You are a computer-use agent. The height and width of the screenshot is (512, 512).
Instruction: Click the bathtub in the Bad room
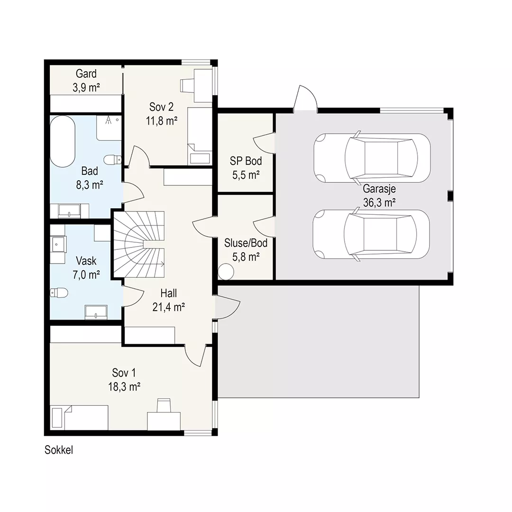click(x=63, y=141)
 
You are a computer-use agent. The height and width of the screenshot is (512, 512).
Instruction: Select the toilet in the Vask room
click(x=59, y=293)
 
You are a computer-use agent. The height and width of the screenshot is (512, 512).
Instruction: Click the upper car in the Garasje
click(x=372, y=158)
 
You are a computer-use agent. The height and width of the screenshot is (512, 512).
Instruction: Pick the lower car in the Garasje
click(x=371, y=234)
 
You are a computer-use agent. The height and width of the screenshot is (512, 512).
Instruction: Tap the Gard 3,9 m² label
click(x=86, y=80)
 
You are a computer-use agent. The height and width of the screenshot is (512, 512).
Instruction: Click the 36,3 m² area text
click(x=379, y=203)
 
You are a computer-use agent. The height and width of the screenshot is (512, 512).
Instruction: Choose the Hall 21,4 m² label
click(x=169, y=300)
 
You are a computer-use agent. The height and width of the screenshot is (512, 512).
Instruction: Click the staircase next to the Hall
click(x=139, y=245)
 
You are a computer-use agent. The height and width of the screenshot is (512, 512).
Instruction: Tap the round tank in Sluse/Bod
click(x=226, y=272)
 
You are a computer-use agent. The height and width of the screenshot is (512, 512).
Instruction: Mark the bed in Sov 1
click(x=80, y=418)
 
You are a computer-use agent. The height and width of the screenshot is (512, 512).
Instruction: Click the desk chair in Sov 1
click(x=164, y=405)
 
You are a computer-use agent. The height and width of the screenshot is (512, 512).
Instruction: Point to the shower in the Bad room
click(x=109, y=128)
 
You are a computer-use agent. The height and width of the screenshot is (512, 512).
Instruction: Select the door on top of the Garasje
click(x=305, y=98)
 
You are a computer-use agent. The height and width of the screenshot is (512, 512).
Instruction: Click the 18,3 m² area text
click(x=124, y=387)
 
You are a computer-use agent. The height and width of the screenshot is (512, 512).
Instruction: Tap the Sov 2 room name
click(x=161, y=107)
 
